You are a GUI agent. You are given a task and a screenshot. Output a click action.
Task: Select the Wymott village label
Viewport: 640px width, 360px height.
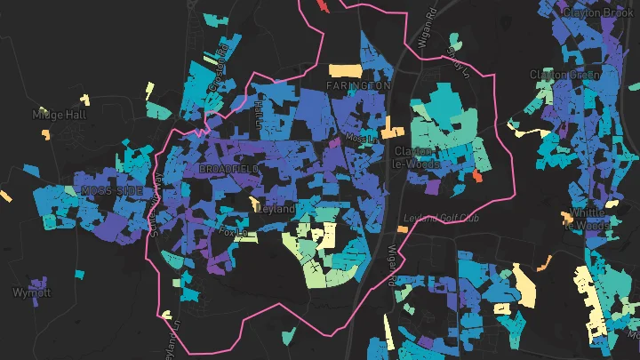click(32, 292)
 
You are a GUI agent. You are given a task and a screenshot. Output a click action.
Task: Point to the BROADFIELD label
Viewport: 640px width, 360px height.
click(229, 169)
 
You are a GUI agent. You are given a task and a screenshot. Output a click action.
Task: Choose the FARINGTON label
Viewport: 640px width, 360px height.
click(358, 85)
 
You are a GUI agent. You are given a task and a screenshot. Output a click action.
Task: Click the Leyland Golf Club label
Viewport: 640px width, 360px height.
click(441, 218)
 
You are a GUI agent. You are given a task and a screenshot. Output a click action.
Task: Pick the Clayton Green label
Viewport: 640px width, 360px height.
click(565, 75)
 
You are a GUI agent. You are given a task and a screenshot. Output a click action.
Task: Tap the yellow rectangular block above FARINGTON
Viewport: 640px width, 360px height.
click(345, 69)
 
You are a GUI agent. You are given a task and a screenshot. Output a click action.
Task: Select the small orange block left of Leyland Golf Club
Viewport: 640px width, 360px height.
click(402, 228)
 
